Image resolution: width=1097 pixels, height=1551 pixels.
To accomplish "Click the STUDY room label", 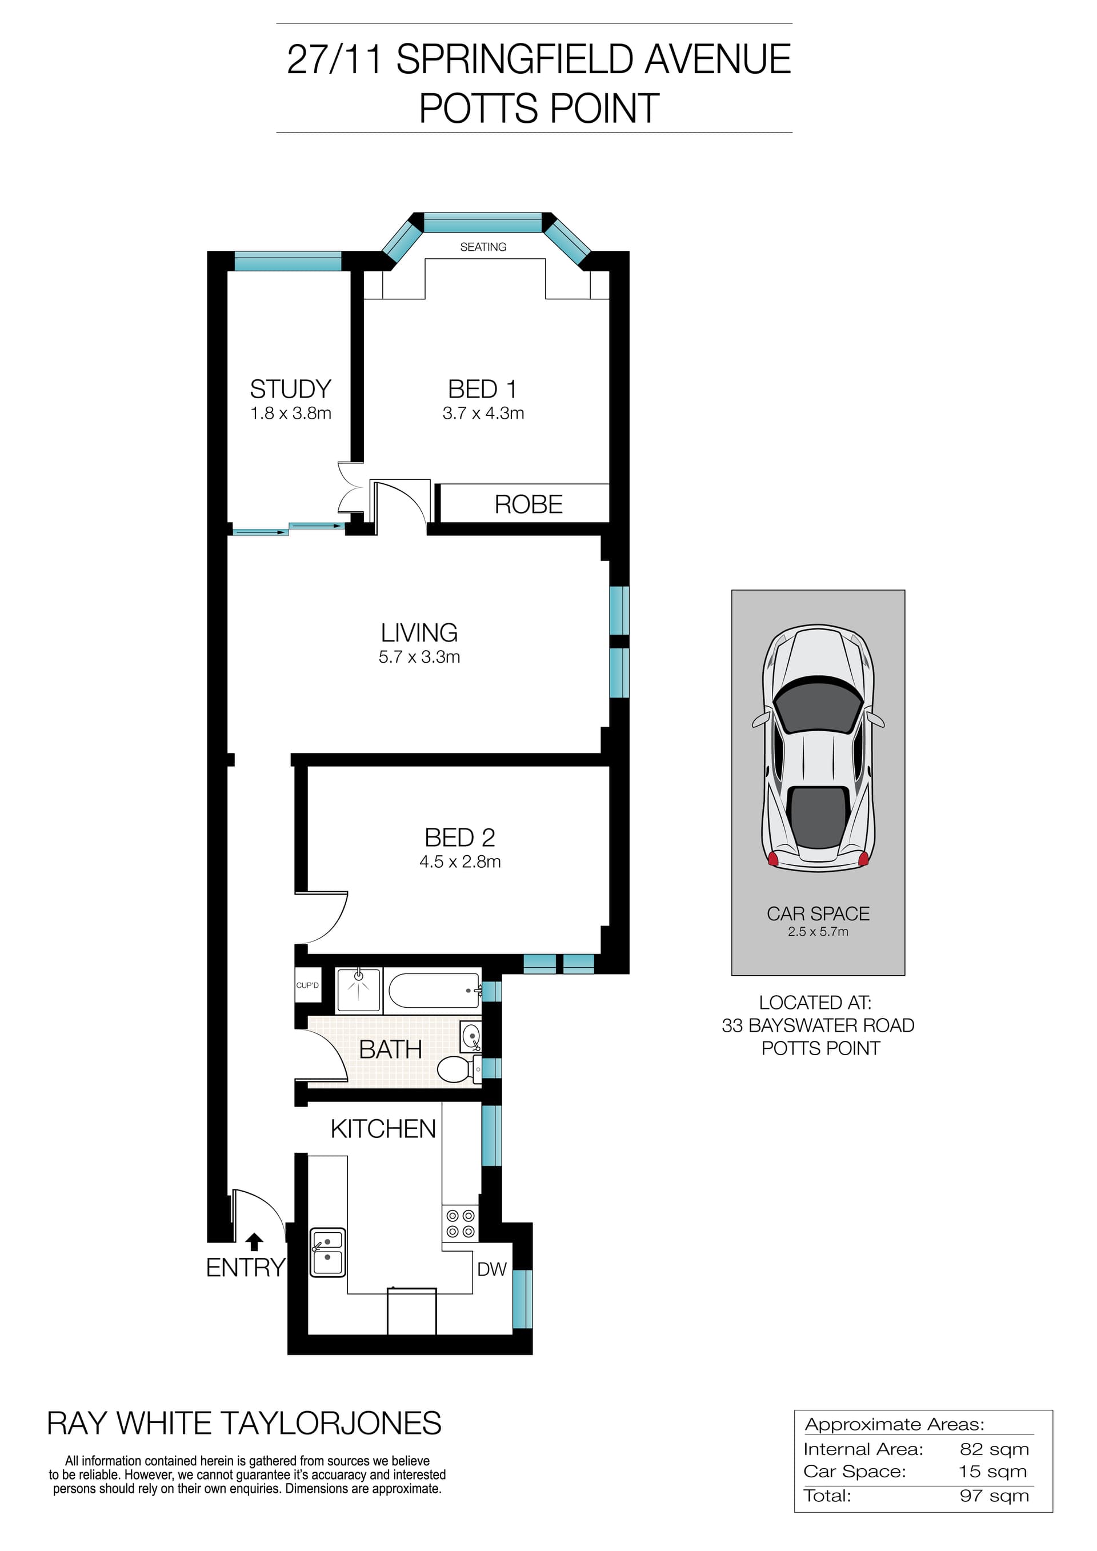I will point(290,389).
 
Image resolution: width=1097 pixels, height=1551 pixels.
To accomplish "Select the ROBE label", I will point(529,504).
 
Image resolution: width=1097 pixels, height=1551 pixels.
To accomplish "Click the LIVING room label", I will point(419,633).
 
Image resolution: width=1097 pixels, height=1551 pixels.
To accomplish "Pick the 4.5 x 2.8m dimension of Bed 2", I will point(460,862).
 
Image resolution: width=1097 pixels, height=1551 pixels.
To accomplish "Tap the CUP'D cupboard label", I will point(307,985).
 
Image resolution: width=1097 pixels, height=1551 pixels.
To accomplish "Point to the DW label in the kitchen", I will point(492,1269).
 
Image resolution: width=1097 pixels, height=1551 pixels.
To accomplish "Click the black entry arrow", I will point(254,1241).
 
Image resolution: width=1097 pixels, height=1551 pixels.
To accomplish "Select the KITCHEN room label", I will point(383,1129).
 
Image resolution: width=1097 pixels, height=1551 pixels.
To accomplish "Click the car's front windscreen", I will point(818,707).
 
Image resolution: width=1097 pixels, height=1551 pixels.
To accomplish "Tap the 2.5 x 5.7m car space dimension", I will point(818,932).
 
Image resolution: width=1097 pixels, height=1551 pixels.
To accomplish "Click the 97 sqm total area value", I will point(994,1496).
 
